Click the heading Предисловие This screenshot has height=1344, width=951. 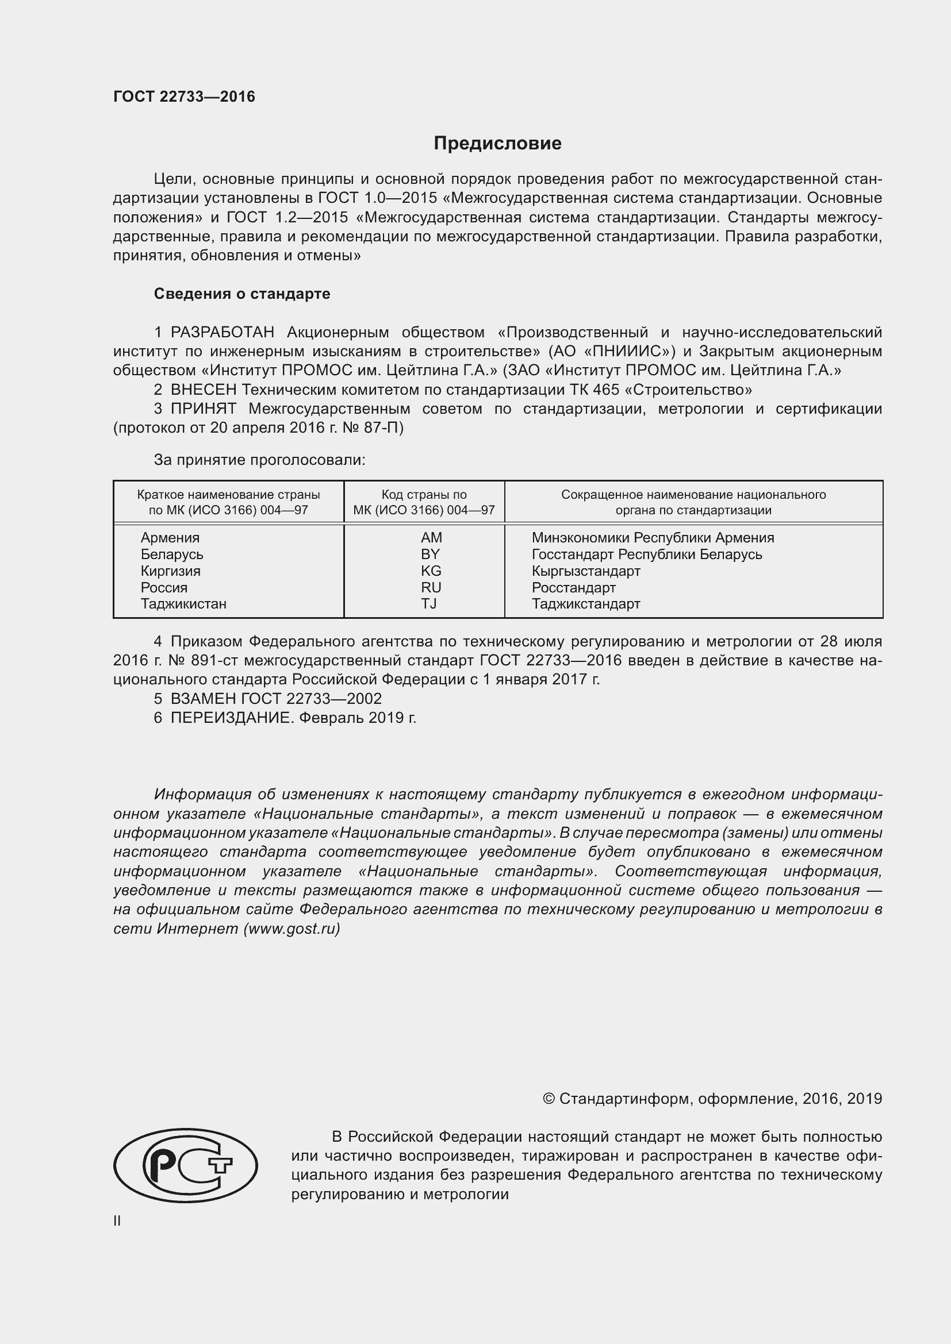point(497,144)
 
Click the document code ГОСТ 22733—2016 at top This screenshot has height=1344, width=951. point(184,97)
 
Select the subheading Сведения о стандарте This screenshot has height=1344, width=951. point(242,294)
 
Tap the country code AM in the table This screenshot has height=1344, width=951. point(431,537)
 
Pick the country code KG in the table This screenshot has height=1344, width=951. point(431,571)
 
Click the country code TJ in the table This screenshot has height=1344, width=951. point(429,603)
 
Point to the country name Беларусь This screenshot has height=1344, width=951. point(171,554)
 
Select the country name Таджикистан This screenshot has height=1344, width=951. point(183,603)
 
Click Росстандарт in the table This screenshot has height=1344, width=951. point(573,587)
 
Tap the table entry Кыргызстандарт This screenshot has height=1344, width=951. point(585,571)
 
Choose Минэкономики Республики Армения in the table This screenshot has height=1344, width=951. point(653,537)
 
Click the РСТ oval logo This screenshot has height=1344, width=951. point(186,1165)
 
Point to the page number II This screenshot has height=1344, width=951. point(117,1220)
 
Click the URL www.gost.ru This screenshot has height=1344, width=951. point(291,929)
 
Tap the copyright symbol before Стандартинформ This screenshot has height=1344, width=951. point(549,1099)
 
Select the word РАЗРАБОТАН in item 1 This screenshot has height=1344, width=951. point(223,333)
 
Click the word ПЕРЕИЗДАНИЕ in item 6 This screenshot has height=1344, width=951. point(231,718)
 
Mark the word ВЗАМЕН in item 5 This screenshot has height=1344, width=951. point(203,698)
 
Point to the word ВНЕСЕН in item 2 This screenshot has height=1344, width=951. point(203,390)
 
